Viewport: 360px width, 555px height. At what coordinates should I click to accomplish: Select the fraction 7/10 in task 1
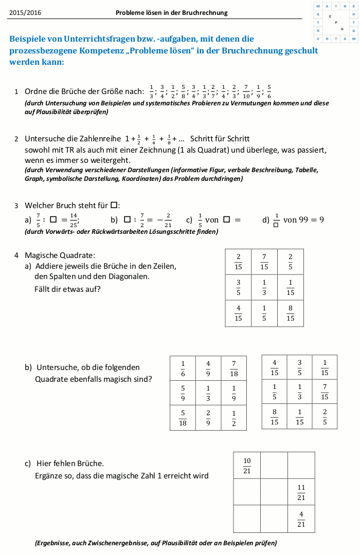pyautogui.click(x=246, y=91)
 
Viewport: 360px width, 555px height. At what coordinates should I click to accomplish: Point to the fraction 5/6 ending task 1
pyautogui.click(x=269, y=91)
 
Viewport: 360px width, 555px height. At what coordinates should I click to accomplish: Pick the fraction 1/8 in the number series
pyautogui.click(x=169, y=139)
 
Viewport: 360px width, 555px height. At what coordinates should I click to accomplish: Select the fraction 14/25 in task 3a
pyautogui.click(x=74, y=219)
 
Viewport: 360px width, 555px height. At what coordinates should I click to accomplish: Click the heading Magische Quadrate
pyautogui.click(x=60, y=255)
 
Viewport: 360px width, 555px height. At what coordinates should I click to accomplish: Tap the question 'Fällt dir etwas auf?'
pyautogui.click(x=67, y=289)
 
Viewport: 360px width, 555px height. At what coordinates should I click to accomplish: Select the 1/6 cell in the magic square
pyautogui.click(x=183, y=368)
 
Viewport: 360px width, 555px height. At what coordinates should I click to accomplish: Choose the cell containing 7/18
pyautogui.click(x=234, y=368)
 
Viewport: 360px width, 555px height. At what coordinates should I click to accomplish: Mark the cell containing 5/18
pyautogui.click(x=183, y=418)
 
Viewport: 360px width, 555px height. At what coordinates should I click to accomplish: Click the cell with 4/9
pyautogui.click(x=208, y=368)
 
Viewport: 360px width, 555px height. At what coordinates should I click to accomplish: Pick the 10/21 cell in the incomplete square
pyautogui.click(x=247, y=466)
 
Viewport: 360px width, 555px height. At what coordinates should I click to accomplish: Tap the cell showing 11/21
pyautogui.click(x=301, y=492)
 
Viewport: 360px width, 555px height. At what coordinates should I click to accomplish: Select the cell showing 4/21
pyautogui.click(x=301, y=519)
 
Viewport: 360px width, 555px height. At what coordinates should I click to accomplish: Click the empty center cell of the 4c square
pyautogui.click(x=274, y=492)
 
